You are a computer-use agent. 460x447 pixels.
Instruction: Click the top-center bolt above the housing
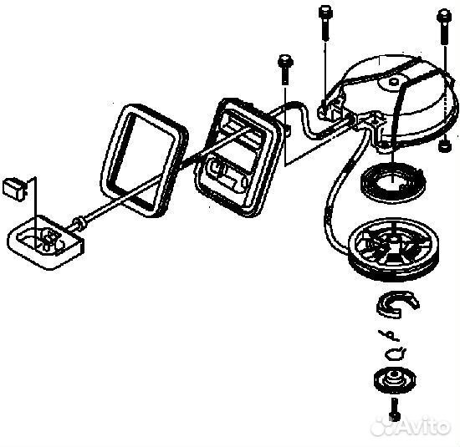pyautogui.click(x=325, y=23)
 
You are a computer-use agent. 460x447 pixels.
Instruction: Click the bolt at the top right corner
pyautogui.click(x=443, y=28)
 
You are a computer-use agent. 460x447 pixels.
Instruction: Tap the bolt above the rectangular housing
pyautogui.click(x=284, y=69)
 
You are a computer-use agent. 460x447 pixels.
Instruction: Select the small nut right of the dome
pyautogui.click(x=444, y=145)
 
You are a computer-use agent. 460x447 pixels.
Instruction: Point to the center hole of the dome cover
pyautogui.click(x=394, y=81)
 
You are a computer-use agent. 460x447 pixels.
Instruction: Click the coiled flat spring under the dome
pyautogui.click(x=392, y=183)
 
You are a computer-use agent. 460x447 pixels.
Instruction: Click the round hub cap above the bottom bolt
pyautogui.click(x=395, y=379)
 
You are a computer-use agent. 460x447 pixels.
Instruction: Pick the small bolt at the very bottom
pyautogui.click(x=395, y=409)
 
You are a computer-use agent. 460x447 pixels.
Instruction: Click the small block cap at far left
pyautogui.click(x=13, y=190)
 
